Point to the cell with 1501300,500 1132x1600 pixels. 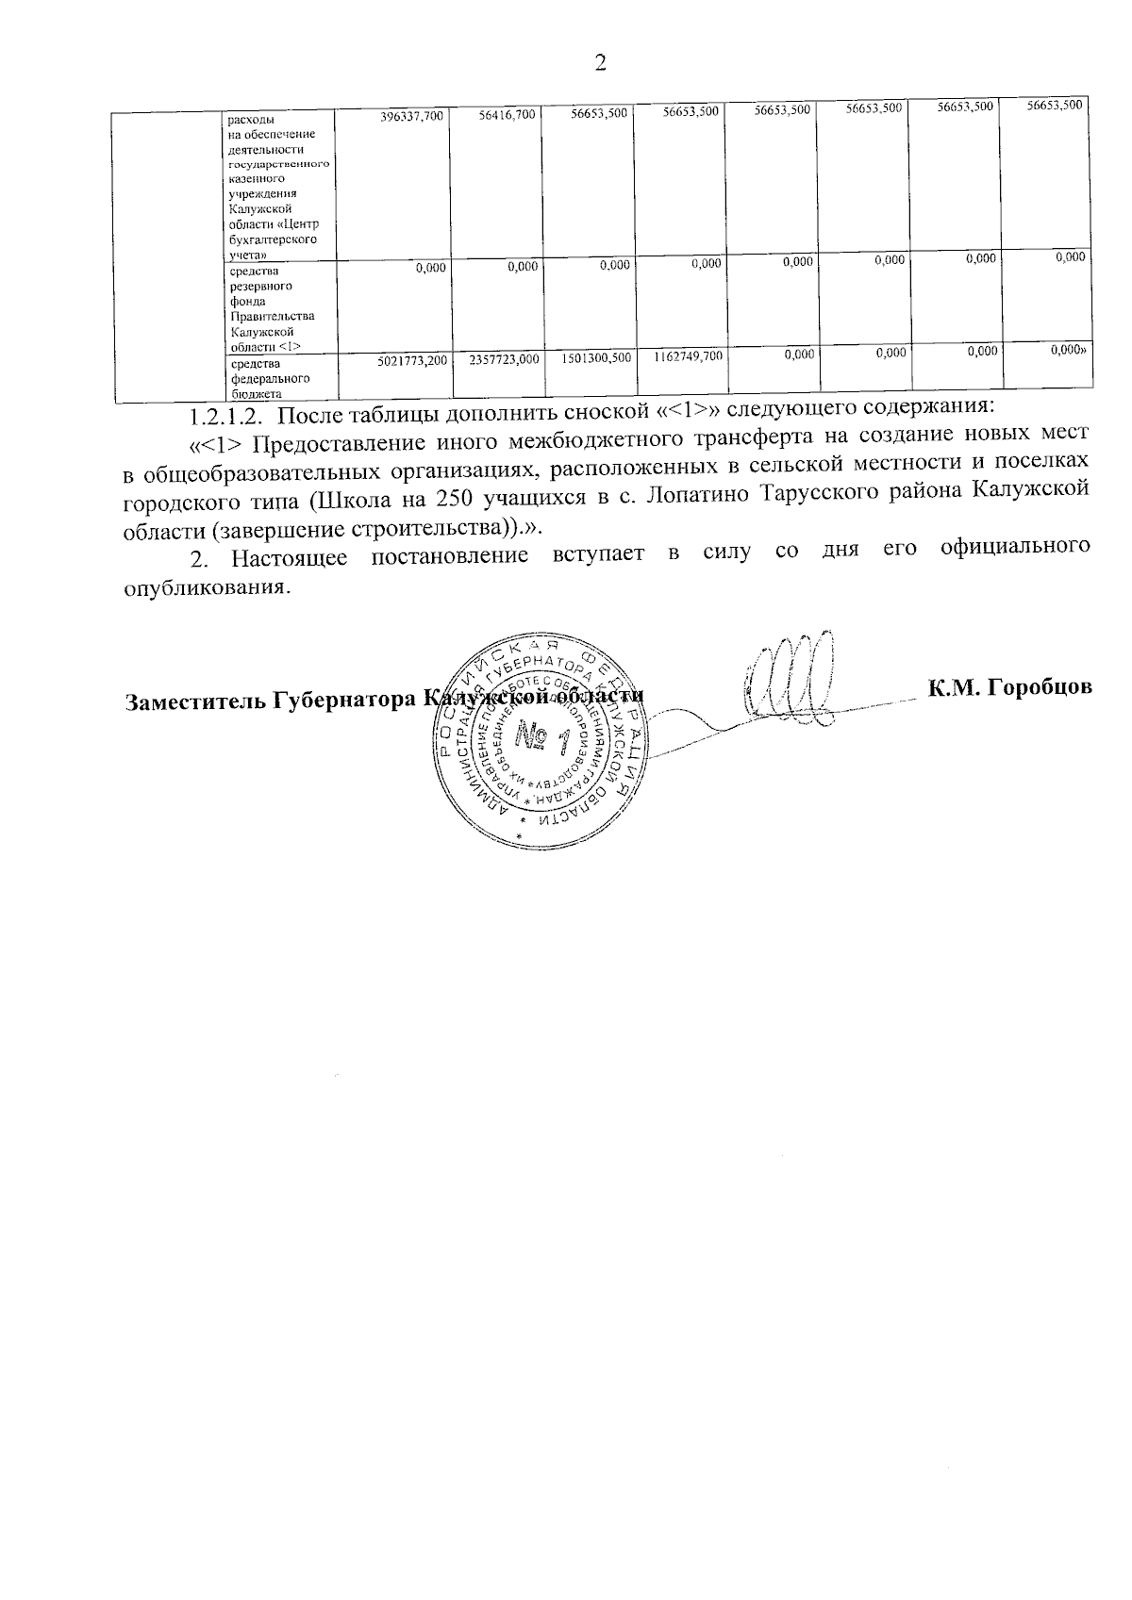595,358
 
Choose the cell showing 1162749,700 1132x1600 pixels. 688,356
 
